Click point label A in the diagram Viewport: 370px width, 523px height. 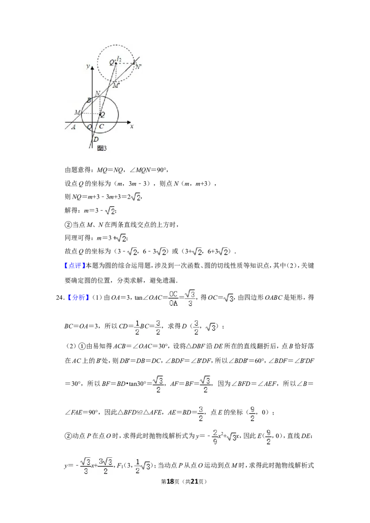tap(74, 128)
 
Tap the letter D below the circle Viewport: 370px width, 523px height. tap(96, 140)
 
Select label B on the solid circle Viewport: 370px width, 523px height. tap(89, 100)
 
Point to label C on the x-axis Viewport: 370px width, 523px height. tap(102, 127)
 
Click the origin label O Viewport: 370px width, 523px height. tap(89, 127)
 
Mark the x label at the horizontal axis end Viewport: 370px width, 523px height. tap(132, 126)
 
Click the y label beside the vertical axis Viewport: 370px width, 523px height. tap(88, 67)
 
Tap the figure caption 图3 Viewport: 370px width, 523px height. tap(102, 148)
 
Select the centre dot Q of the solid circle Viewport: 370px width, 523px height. tap(100, 114)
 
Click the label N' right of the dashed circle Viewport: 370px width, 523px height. tap(137, 66)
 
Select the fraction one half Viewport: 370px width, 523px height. tap(137, 327)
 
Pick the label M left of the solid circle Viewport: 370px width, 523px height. tap(77, 112)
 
